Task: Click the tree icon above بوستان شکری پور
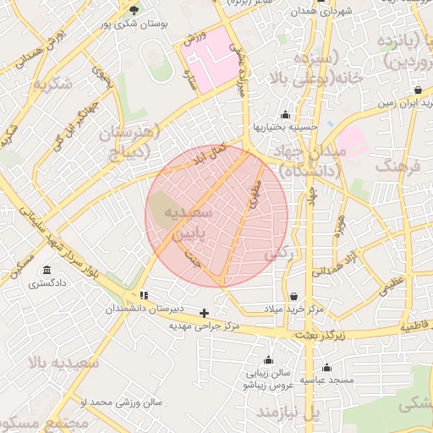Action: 135,9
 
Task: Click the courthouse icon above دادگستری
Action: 45,271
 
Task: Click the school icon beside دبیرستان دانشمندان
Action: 144,295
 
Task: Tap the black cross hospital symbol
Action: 204,313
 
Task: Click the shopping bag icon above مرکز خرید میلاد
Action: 293,296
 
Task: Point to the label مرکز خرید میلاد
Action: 293,310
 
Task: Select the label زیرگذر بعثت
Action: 325,335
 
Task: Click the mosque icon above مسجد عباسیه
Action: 327,367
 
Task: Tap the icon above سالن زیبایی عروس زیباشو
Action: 268,359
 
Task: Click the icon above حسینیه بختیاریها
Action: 284,114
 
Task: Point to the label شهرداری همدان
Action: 320,13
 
